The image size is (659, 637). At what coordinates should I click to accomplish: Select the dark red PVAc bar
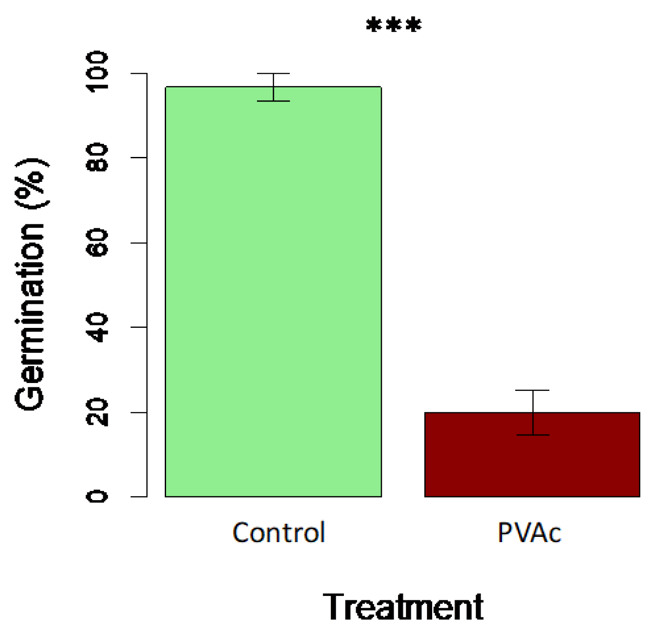[x=532, y=454]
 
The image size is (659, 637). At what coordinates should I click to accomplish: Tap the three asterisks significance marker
[x=394, y=25]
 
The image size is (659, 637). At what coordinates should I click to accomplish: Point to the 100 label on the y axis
[x=97, y=72]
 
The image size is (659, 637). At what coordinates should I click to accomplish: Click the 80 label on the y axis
[x=97, y=157]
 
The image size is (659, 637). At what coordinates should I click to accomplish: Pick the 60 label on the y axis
[x=97, y=243]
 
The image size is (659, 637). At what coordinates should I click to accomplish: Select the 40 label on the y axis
[x=97, y=327]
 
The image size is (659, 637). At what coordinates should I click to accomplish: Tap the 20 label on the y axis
[x=97, y=412]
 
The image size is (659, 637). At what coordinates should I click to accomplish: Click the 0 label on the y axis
[x=97, y=497]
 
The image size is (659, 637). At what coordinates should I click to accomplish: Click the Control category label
[x=278, y=533]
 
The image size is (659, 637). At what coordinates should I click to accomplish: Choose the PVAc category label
[x=529, y=533]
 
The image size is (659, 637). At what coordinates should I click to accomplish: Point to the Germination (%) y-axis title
[x=31, y=284]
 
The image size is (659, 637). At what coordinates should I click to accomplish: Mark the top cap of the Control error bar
[x=273, y=73]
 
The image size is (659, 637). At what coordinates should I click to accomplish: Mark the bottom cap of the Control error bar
[x=273, y=101]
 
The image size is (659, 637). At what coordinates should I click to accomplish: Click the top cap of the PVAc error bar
[x=532, y=390]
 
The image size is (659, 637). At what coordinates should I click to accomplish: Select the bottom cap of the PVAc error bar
[x=532, y=435]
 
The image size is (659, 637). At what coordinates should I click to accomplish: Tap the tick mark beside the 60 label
[x=139, y=243]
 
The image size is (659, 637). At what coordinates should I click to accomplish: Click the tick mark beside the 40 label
[x=139, y=327]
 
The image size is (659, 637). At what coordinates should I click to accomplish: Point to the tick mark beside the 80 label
[x=139, y=157]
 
